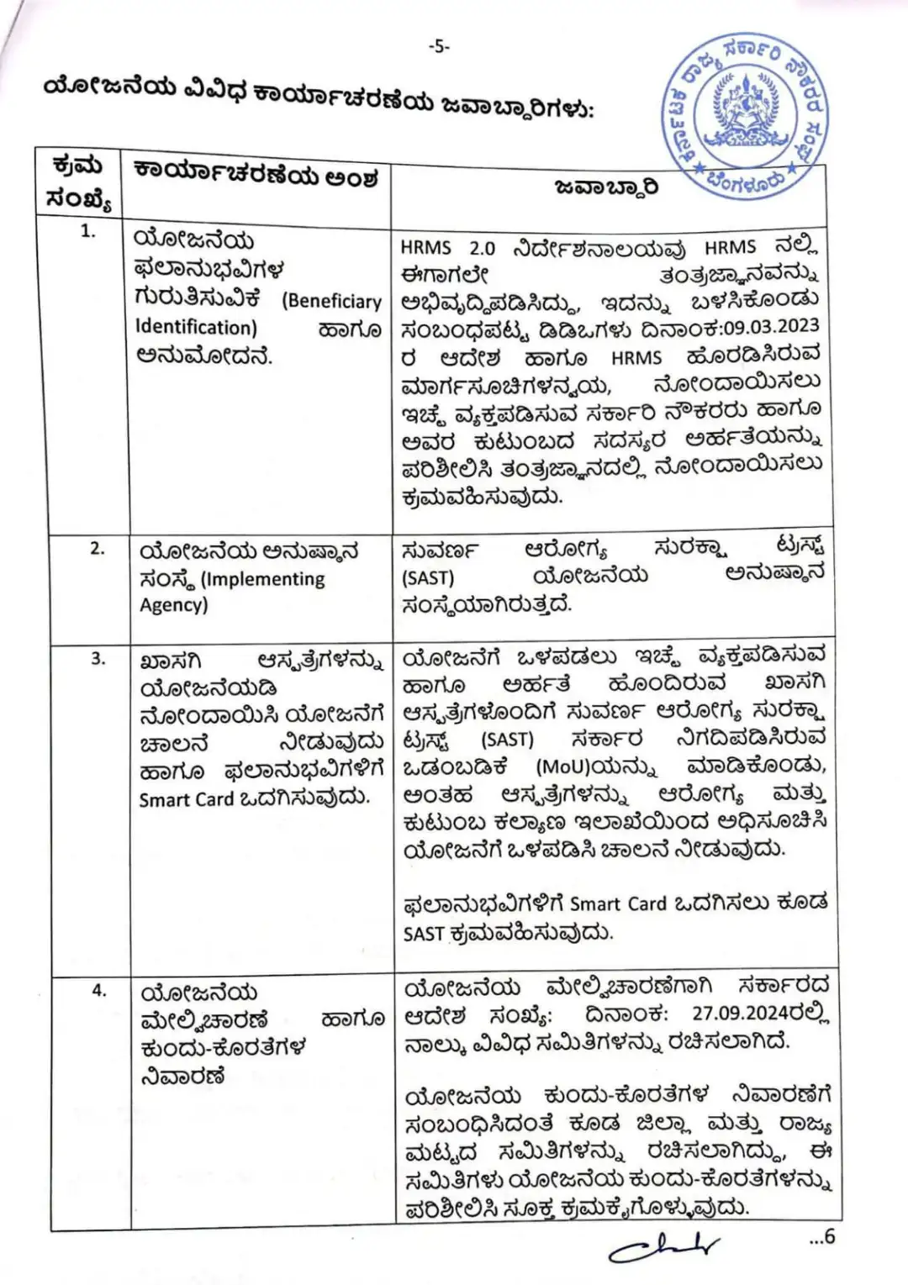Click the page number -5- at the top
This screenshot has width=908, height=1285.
[x=439, y=47]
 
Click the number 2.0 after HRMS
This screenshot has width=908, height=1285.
[x=483, y=249]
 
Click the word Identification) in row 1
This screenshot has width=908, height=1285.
[x=196, y=327]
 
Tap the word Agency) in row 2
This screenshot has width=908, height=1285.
[x=173, y=605]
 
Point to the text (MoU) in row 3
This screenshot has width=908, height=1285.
[x=567, y=767]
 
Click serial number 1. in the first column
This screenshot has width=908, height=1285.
[x=88, y=231]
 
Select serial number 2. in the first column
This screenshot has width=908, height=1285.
[x=98, y=549]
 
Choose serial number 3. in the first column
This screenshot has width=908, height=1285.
[x=98, y=659]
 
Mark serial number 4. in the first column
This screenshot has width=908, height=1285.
[x=99, y=990]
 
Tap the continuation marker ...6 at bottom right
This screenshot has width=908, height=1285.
[x=821, y=1236]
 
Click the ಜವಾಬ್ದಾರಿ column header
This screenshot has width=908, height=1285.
[x=607, y=187]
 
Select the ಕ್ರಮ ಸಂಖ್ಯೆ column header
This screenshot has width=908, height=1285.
[x=78, y=182]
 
